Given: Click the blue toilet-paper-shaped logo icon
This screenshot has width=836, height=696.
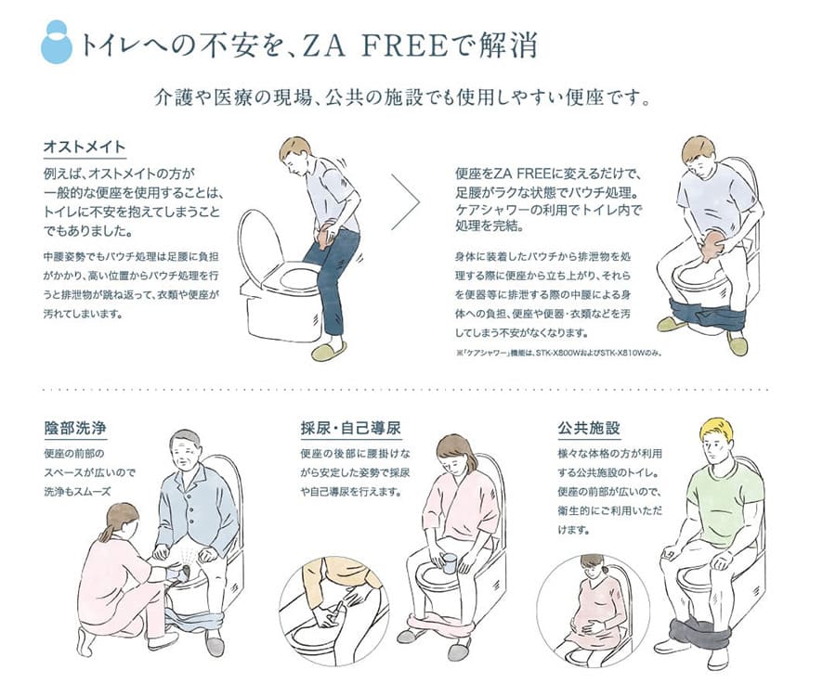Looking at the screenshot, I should tap(56, 42).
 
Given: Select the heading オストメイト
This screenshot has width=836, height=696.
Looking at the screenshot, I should tap(85, 147).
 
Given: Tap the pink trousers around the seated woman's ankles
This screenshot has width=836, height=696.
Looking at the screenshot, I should tap(441, 623).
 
